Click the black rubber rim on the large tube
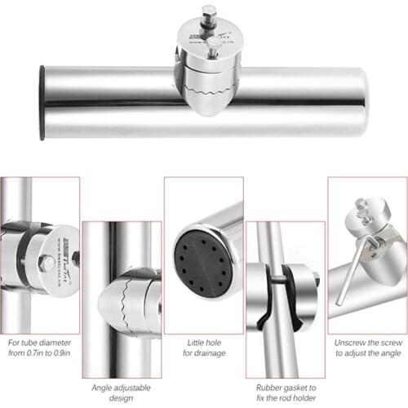pos(42,102)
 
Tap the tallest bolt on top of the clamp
pos(210,13)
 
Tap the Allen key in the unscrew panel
pos(348,273)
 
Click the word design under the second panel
pos(122,376)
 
